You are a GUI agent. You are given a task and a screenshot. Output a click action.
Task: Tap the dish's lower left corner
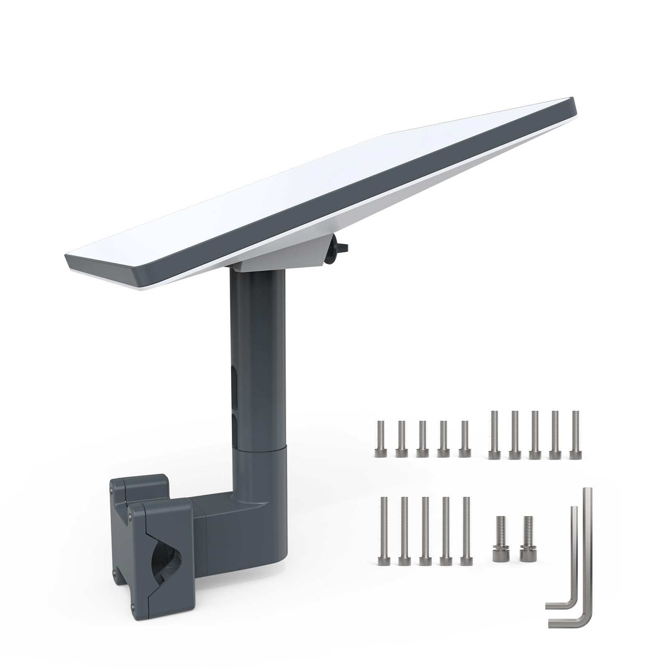[x=69, y=263]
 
